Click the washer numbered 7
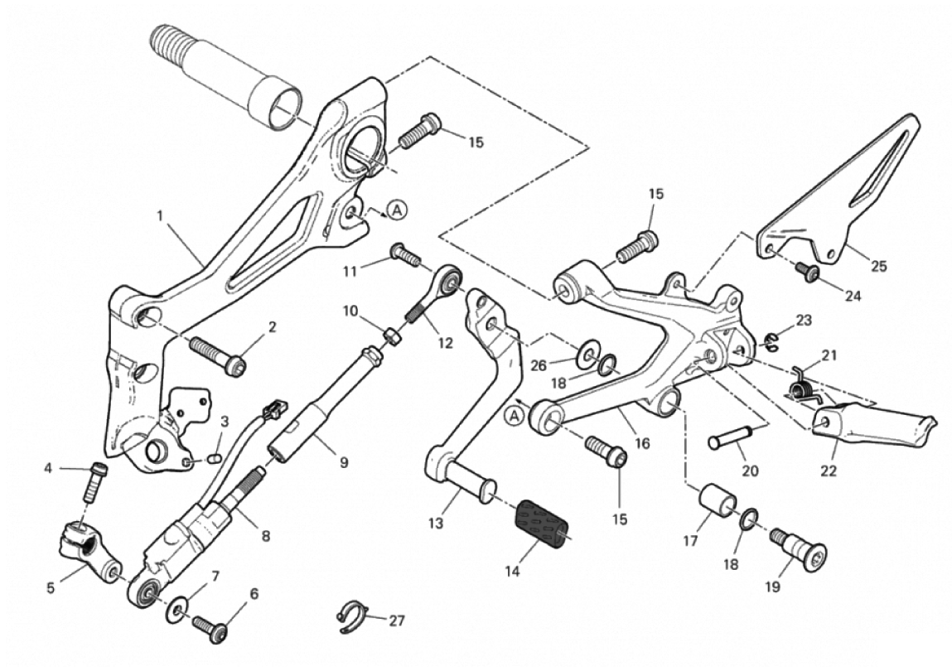179,611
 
